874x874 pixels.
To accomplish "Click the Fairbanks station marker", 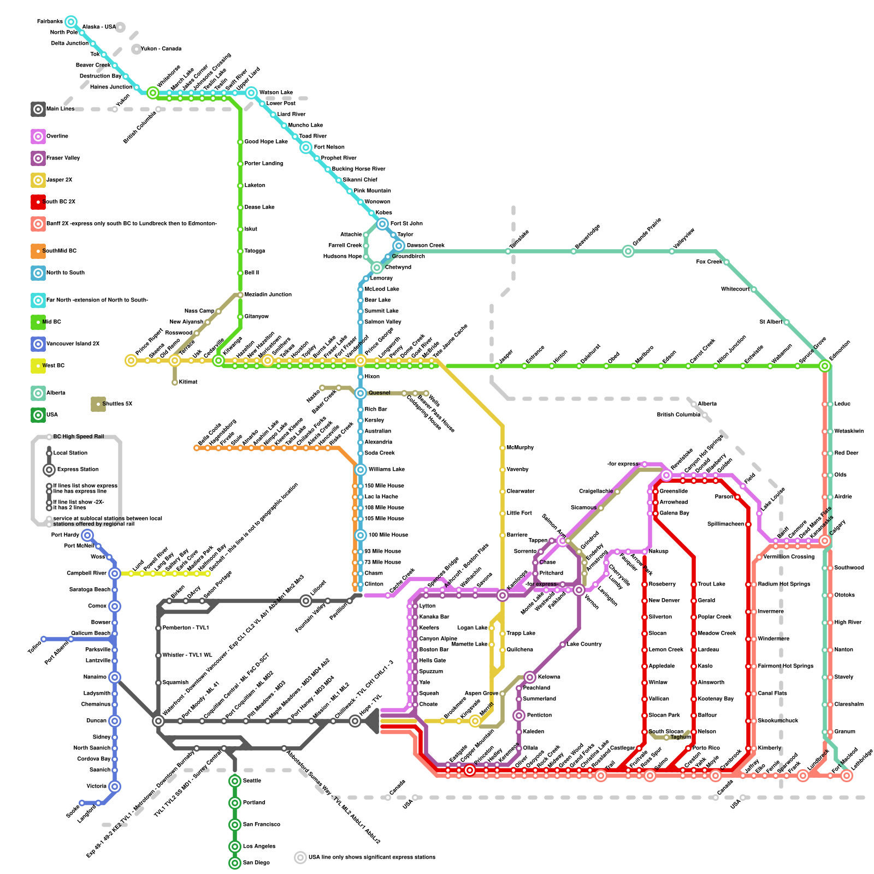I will pos(70,22).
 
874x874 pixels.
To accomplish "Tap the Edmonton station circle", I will pos(825,366).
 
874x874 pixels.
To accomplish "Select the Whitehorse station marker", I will pos(153,93).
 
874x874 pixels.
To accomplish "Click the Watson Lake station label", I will pos(276,93).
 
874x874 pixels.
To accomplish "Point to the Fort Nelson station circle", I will pos(306,147).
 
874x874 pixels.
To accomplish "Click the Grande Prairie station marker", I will pos(628,251).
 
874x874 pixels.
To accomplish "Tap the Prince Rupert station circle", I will pos(131,361).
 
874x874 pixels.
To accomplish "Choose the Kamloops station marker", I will pos(503,595).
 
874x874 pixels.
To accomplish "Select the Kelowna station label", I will pos(549,677).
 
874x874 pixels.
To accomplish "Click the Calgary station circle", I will pos(825,541).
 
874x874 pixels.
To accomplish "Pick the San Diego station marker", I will pos(235,863).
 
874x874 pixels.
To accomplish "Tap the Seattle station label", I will pos(252,781).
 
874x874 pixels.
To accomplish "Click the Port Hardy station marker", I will pos(87,535).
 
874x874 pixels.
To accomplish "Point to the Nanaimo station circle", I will pos(115,677).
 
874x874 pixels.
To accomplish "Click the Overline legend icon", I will pos(38,137).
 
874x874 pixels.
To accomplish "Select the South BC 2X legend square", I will pos(38,202).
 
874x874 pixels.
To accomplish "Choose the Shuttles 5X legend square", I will pos(98,404).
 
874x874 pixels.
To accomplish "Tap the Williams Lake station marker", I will pos(361,470).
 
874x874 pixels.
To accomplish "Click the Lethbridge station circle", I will pos(847,776).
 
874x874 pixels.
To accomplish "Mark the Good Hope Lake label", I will pos(265,142).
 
